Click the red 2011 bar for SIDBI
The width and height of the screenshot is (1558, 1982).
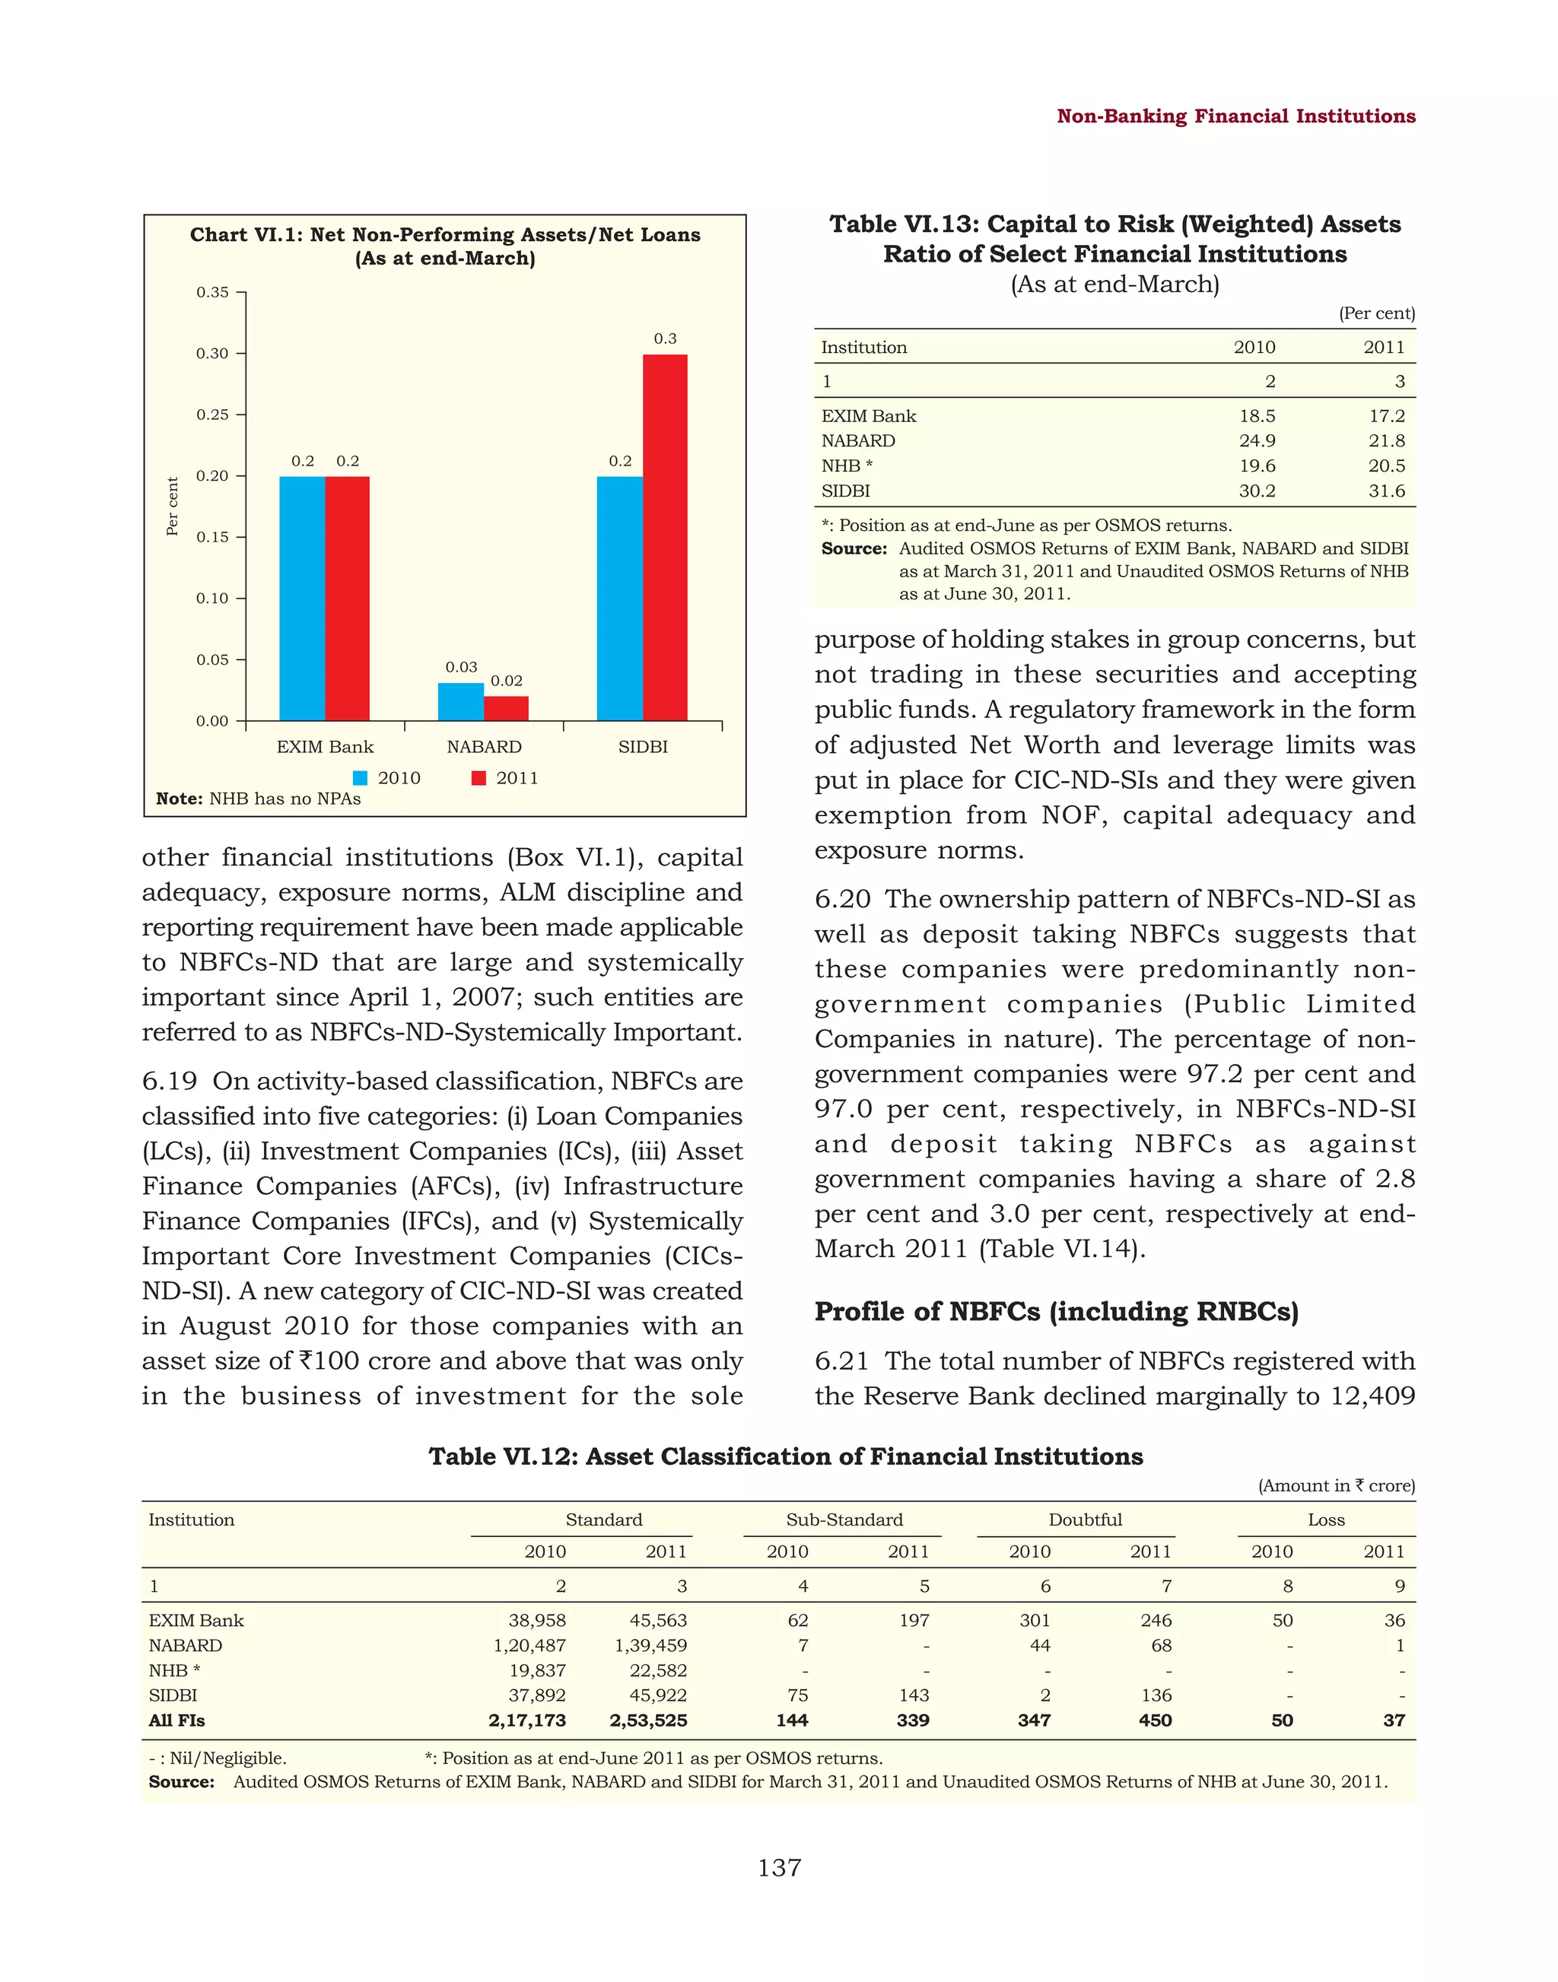pyautogui.click(x=665, y=538)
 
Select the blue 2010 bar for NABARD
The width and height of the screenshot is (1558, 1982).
pyautogui.click(x=461, y=701)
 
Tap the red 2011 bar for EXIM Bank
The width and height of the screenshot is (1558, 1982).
pyautogui.click(x=348, y=599)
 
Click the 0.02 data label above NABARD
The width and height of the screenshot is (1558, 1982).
pyautogui.click(x=506, y=681)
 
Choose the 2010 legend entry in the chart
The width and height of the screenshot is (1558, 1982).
pyautogui.click(x=388, y=778)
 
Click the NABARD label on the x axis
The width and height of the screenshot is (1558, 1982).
pyautogui.click(x=484, y=747)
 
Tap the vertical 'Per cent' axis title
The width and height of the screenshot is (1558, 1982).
pyautogui.click(x=171, y=507)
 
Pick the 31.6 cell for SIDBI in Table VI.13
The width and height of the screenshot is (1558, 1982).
pyautogui.click(x=1385, y=491)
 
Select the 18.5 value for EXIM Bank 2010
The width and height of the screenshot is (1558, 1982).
pyautogui.click(x=1256, y=416)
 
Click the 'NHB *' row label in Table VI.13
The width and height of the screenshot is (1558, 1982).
pyautogui.click(x=847, y=466)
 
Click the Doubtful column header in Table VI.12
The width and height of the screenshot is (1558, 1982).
pyautogui.click(x=1085, y=1520)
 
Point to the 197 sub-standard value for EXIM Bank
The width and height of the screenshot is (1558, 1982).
pyautogui.click(x=913, y=1621)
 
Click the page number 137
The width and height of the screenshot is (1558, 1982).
pyautogui.click(x=779, y=1868)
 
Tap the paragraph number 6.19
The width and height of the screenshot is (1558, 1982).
pyautogui.click(x=169, y=1082)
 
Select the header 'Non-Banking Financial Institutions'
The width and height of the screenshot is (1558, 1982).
pyautogui.click(x=1235, y=116)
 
